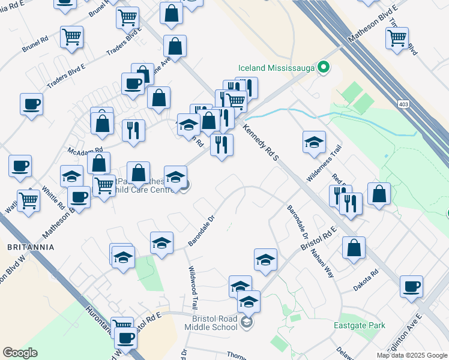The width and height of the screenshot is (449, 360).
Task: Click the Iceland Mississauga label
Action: (276, 68)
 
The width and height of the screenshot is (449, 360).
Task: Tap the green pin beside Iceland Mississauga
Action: (324, 67)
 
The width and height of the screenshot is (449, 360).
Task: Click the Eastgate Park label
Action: (359, 326)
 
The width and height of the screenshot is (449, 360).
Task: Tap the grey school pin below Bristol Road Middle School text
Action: (246, 323)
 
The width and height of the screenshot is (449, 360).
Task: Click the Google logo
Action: (20, 353)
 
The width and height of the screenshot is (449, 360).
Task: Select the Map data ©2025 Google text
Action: (411, 355)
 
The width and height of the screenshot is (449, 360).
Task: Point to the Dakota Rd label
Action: (366, 280)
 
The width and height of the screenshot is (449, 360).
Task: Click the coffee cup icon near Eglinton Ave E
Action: (411, 286)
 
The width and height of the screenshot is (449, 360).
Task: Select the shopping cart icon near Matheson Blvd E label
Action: (397, 38)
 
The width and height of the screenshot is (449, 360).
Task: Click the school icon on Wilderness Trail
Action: (314, 142)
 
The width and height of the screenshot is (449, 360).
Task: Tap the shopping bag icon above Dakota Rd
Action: (354, 247)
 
